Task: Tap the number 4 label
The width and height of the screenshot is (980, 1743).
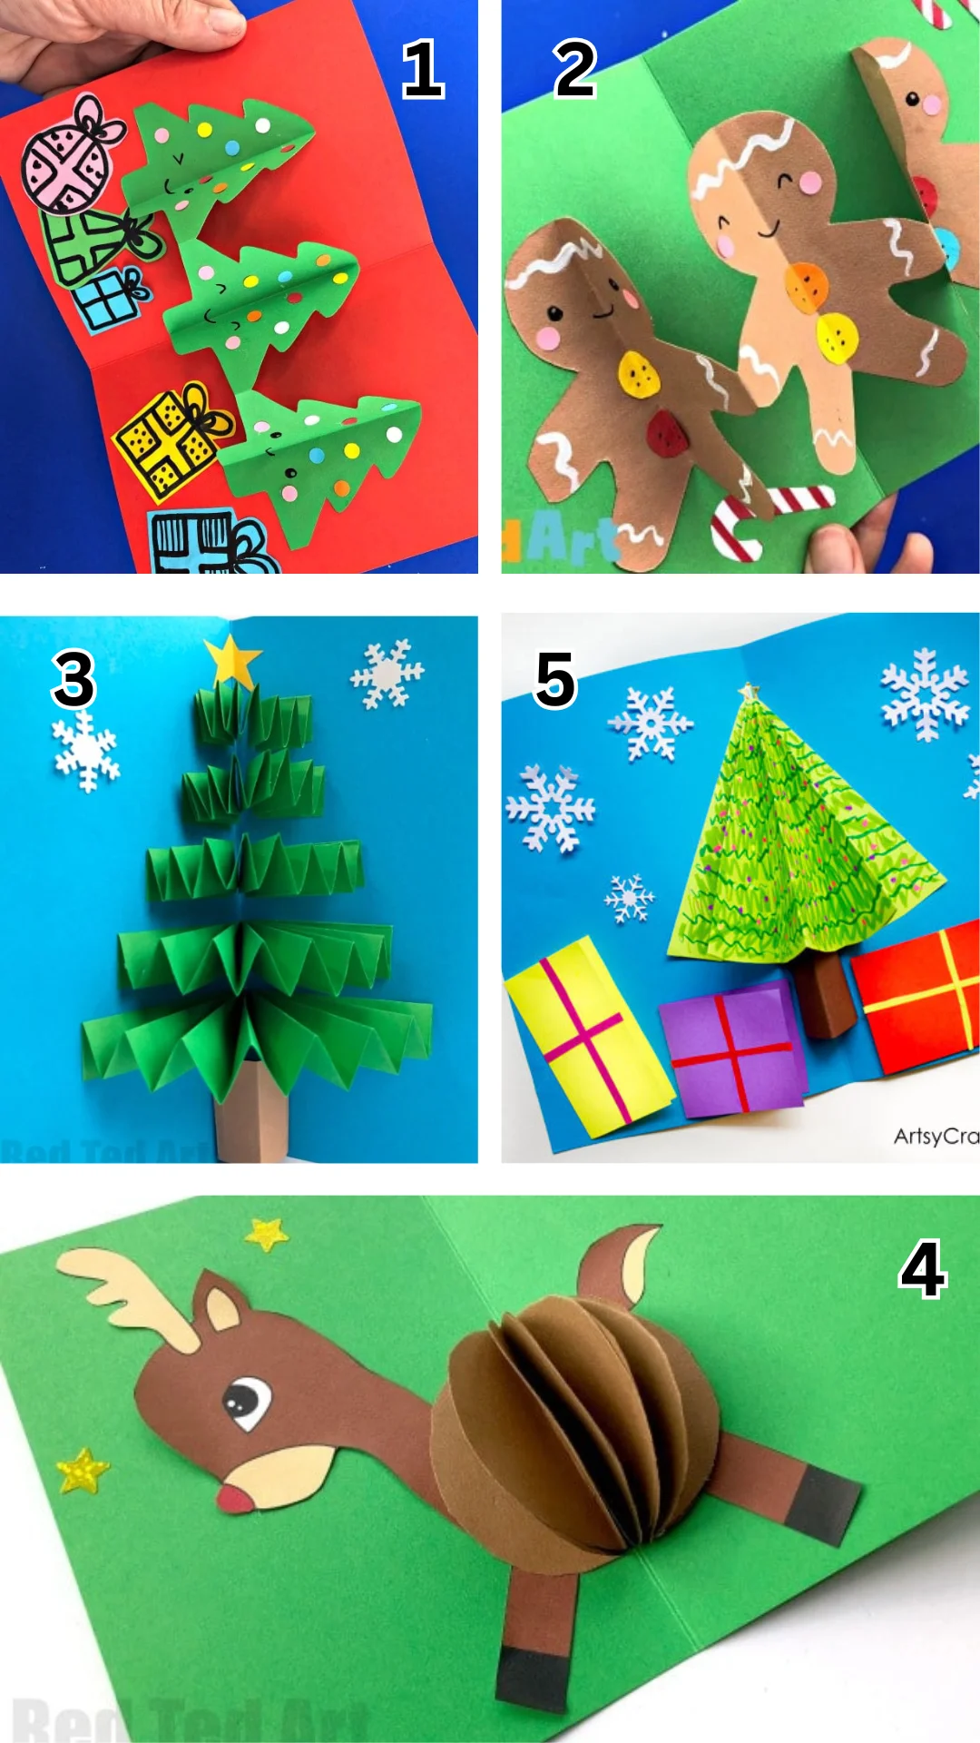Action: tap(922, 1270)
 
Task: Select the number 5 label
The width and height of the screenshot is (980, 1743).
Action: tap(555, 680)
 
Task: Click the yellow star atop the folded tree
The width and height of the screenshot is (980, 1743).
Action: tap(233, 660)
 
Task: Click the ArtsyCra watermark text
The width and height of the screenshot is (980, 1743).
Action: tap(935, 1136)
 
